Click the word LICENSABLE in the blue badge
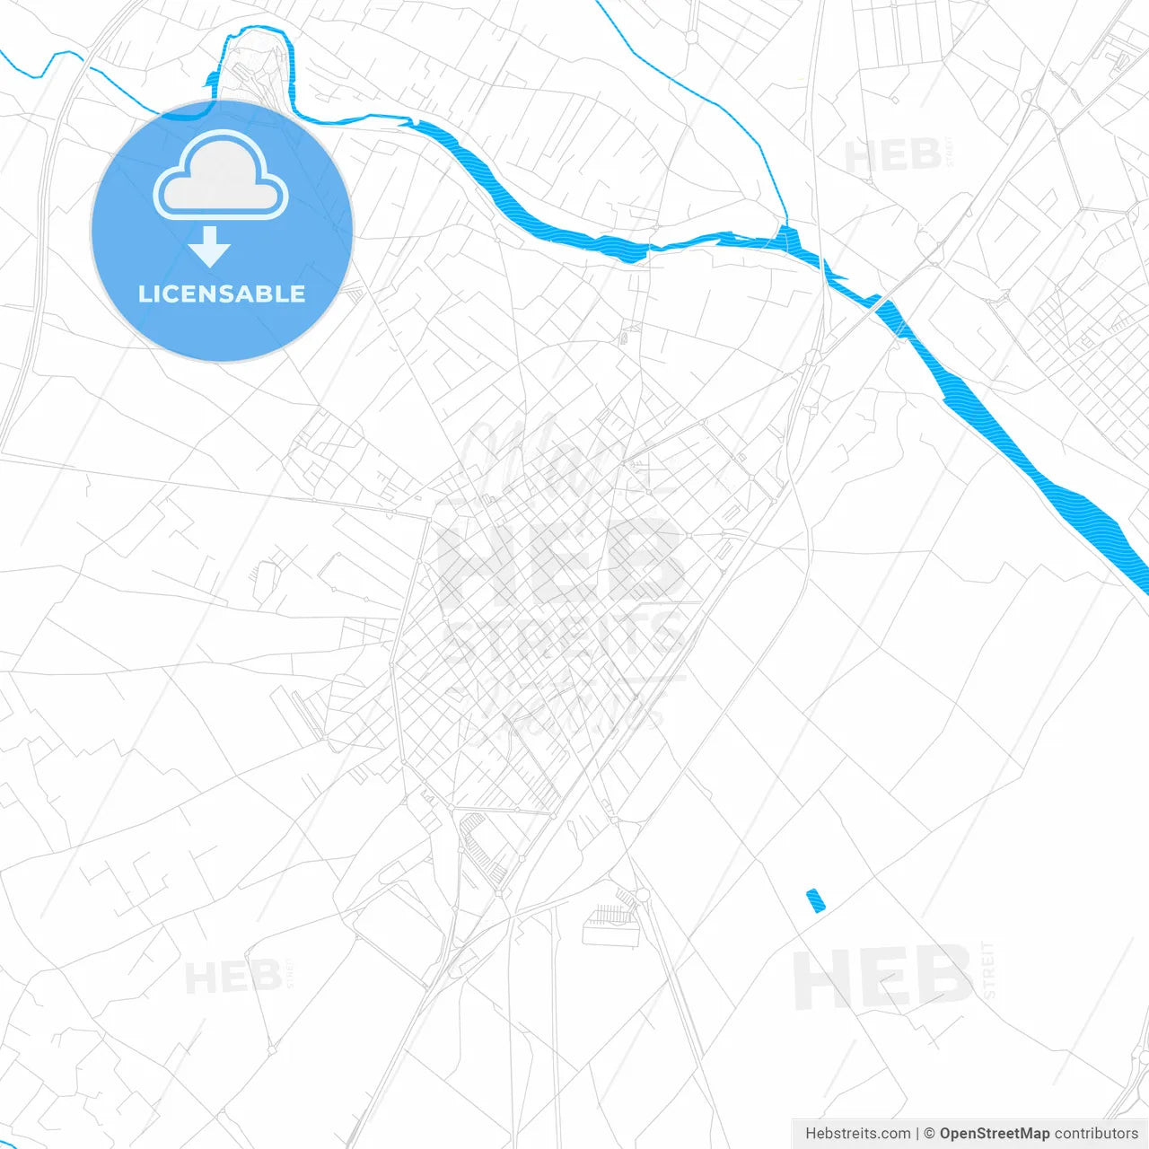(x=222, y=294)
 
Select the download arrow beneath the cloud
(x=210, y=246)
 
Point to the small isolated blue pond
(x=815, y=900)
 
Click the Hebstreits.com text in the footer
(x=857, y=1134)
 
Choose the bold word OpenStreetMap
(x=995, y=1134)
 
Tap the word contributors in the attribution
(x=1096, y=1134)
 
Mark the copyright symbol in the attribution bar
(x=929, y=1134)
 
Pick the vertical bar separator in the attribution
(x=917, y=1134)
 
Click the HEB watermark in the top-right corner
(x=892, y=156)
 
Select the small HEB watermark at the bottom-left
(x=233, y=977)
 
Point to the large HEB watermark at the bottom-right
(x=882, y=978)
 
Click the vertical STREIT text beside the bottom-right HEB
(x=988, y=969)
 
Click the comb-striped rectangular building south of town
(x=611, y=925)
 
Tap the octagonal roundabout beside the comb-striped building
(x=643, y=894)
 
